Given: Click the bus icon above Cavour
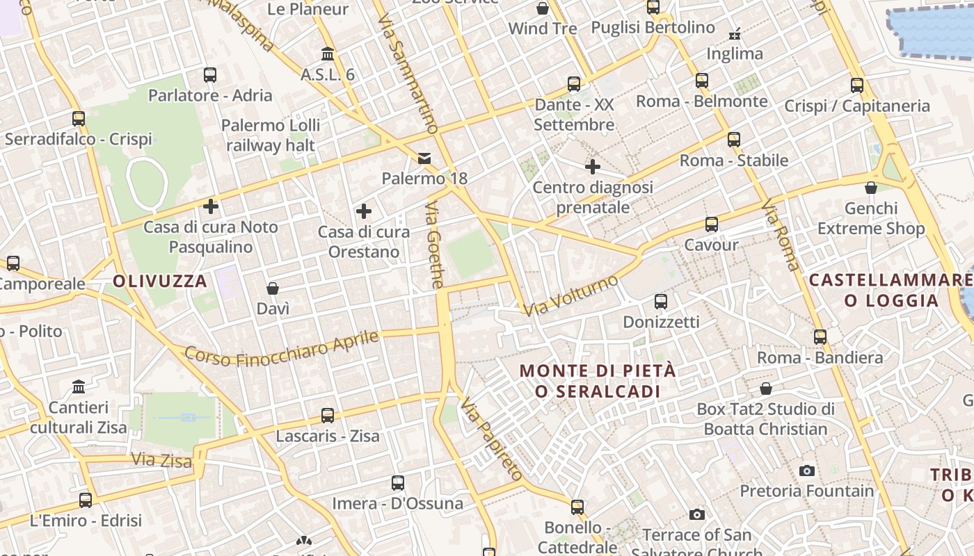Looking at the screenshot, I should click(x=711, y=224).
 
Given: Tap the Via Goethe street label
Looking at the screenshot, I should click(x=435, y=245).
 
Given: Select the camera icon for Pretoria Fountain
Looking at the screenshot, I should click(x=807, y=471).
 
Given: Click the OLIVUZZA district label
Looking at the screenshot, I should click(x=160, y=281).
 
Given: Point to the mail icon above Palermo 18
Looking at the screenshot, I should click(x=424, y=158).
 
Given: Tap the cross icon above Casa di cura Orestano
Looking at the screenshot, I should click(x=363, y=211).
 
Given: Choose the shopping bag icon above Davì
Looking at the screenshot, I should click(x=273, y=288).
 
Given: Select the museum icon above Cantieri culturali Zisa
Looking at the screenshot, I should click(x=79, y=386).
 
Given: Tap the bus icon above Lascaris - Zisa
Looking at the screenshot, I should click(x=328, y=416).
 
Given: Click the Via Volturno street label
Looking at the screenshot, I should click(x=571, y=295).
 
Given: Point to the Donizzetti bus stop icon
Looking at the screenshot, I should click(x=661, y=302).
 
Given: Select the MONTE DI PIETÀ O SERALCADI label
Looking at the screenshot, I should click(x=598, y=381).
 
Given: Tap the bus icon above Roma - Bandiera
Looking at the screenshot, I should click(x=820, y=337).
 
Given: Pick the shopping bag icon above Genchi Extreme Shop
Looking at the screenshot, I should click(x=870, y=188).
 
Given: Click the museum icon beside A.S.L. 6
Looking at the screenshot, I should click(x=328, y=54).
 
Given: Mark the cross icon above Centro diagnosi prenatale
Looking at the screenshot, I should click(x=593, y=167).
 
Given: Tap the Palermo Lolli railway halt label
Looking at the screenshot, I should click(x=271, y=136).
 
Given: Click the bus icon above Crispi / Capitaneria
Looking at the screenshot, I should click(x=857, y=85).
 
